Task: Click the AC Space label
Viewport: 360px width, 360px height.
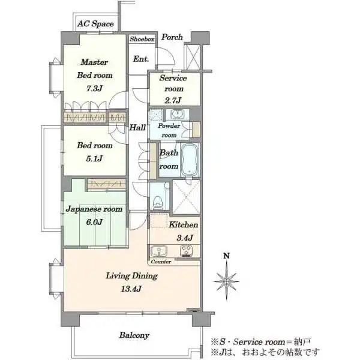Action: (x=95, y=23)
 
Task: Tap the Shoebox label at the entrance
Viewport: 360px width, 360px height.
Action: (x=142, y=39)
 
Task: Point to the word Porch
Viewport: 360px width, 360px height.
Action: (x=172, y=37)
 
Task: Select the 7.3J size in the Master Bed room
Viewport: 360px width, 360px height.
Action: (x=94, y=88)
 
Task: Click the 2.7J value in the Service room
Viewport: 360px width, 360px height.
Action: (x=173, y=100)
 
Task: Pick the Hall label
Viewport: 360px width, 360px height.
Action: (x=137, y=127)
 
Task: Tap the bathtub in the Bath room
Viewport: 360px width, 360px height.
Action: (x=190, y=160)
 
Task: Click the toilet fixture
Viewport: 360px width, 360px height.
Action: (x=158, y=202)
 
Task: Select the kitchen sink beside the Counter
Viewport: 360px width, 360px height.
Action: (x=159, y=251)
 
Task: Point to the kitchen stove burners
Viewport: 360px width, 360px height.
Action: (x=187, y=251)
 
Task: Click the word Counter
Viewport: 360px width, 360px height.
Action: (x=161, y=262)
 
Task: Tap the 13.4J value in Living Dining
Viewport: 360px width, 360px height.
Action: (x=131, y=289)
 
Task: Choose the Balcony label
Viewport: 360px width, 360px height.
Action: (x=134, y=335)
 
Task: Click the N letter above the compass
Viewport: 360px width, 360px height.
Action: (x=227, y=256)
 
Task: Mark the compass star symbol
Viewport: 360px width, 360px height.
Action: (x=226, y=281)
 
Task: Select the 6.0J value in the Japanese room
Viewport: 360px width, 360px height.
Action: (x=94, y=222)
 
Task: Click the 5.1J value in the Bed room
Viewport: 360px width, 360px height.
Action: (x=94, y=158)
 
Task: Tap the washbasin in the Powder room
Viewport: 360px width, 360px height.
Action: (x=176, y=113)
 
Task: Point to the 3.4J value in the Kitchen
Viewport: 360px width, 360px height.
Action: (x=185, y=238)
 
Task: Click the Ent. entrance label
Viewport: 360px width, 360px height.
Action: (x=141, y=59)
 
